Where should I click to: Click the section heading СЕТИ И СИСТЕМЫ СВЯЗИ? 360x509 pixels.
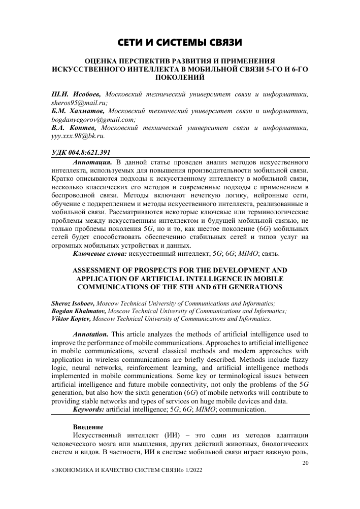tap(180, 42)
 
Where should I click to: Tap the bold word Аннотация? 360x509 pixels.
tap(93, 162)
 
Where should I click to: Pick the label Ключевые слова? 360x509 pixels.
tap(100, 253)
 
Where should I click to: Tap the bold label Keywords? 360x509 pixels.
tap(90, 409)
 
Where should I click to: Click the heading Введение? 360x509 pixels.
tap(89, 426)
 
